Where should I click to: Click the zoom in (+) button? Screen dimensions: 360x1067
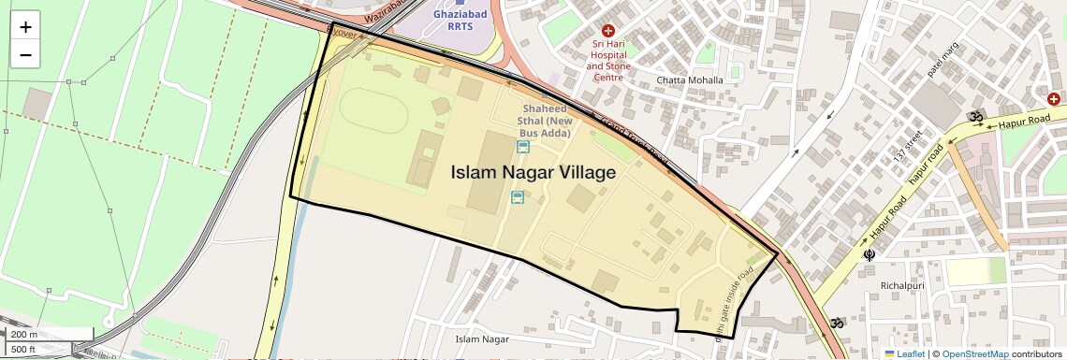click(25, 27)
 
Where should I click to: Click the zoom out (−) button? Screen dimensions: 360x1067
click(25, 55)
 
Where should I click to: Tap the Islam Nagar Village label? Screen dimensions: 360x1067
click(533, 172)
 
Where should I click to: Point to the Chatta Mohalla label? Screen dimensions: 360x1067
click(690, 80)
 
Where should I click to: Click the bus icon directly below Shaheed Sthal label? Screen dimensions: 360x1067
click(522, 146)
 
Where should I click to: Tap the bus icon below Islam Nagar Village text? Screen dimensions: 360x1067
click(517, 196)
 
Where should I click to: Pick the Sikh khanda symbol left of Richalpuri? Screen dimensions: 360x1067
click(870, 253)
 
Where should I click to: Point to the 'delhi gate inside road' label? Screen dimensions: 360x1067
click(733, 305)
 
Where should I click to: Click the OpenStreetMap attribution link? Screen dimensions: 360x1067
click(974, 353)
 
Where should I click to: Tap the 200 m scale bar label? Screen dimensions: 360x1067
click(24, 335)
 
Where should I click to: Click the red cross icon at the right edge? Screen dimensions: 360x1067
click(1053, 98)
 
